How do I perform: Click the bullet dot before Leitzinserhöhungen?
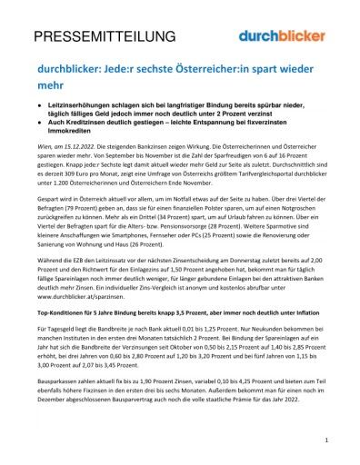(40, 106)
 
